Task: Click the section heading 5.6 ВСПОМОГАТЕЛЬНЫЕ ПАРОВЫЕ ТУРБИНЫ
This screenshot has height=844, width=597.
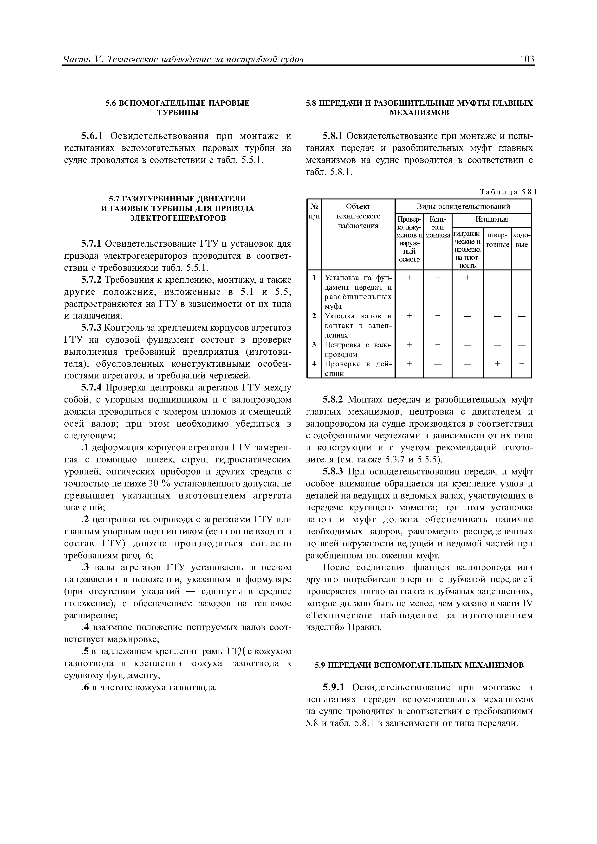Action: [x=178, y=108]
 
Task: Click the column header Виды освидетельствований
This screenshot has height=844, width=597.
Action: [x=463, y=206]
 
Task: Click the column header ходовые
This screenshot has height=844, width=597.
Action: [x=522, y=240]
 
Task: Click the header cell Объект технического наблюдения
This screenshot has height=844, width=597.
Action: [x=358, y=216]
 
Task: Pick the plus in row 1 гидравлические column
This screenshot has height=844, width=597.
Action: [x=467, y=278]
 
